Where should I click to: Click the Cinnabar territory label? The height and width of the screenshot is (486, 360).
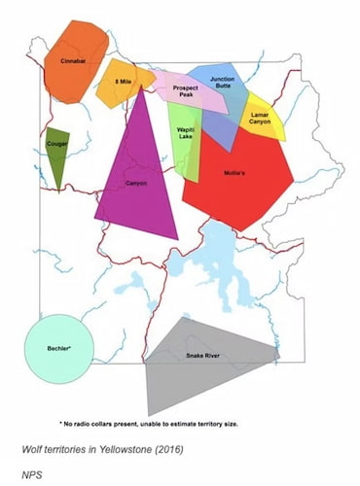(x=74, y=61)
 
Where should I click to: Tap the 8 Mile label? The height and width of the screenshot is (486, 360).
(x=124, y=82)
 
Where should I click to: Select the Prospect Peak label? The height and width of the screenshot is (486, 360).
(x=186, y=91)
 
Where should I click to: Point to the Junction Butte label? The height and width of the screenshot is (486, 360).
(x=221, y=83)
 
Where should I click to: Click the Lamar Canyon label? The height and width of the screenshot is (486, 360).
(x=261, y=118)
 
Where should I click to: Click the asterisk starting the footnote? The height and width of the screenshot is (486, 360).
(x=61, y=425)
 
